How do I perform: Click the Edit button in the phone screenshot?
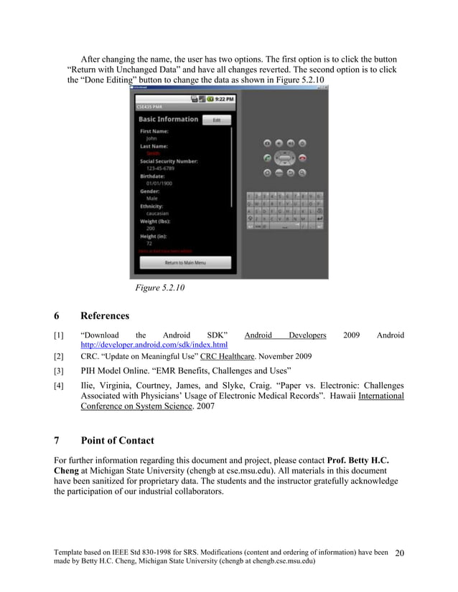point(217,120)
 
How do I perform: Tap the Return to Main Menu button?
point(185,263)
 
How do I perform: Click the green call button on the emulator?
point(267,158)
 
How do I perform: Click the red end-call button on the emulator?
point(302,158)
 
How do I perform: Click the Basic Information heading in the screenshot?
point(168,120)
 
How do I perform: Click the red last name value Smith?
point(154,153)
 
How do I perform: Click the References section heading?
point(105,315)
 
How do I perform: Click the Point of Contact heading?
point(117,440)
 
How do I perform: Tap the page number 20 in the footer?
point(400,553)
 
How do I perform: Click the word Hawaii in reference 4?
point(340,396)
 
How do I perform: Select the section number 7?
point(57,440)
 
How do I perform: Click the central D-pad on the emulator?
point(285,158)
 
